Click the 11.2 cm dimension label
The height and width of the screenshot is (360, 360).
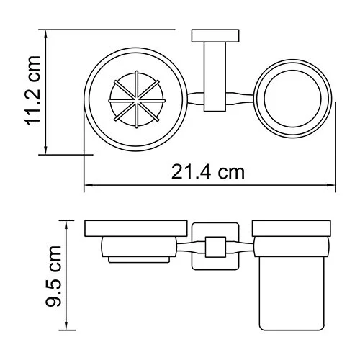point(32,91)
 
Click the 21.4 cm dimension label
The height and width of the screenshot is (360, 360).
point(208,172)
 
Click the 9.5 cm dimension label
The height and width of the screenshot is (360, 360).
point(53,276)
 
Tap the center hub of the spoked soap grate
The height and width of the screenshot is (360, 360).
point(137,99)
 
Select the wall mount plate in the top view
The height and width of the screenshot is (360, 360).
point(215,36)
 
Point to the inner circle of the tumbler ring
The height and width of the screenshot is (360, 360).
point(292,71)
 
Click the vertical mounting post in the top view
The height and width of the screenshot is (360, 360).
point(215,77)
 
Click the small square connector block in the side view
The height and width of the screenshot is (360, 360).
point(215,247)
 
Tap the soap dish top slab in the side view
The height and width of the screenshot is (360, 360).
point(136,228)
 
